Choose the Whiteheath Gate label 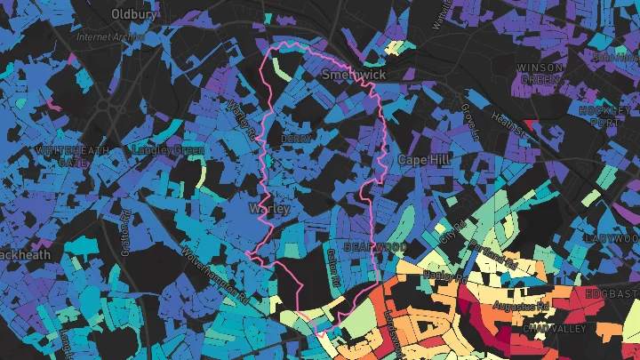[x=71, y=156]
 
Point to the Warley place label [x=269, y=209]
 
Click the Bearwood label [x=375, y=245]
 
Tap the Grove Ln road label [x=470, y=124]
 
